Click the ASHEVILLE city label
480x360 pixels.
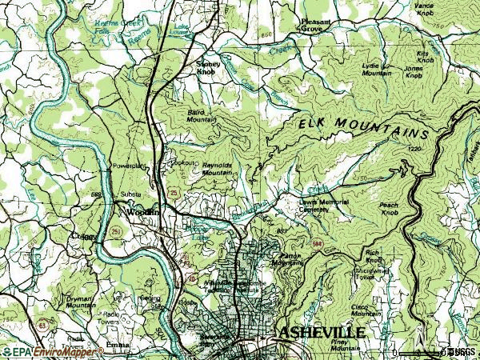point(322,331)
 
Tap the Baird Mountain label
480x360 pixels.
point(202,115)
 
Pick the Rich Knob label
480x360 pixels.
point(374,257)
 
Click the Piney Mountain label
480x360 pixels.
point(344,346)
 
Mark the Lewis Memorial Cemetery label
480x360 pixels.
point(325,206)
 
